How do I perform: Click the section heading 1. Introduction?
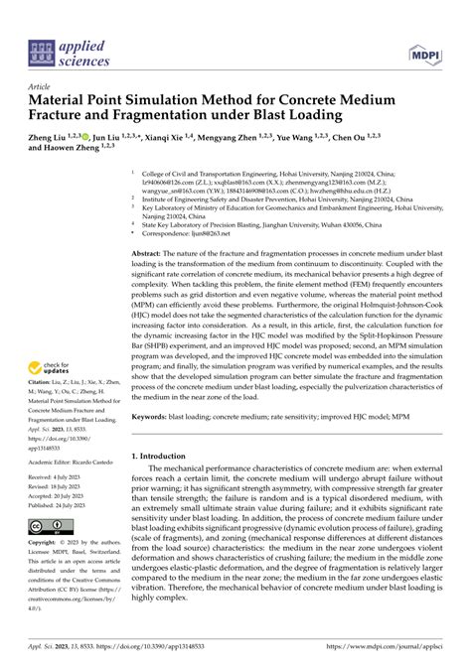161,456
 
